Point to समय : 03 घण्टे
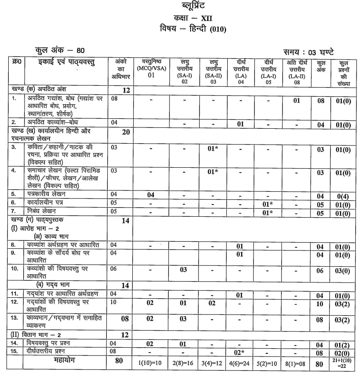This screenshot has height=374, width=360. point(311,52)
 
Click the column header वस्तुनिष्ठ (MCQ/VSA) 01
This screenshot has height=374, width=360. point(151,68)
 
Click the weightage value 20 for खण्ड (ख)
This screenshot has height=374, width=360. point(126,133)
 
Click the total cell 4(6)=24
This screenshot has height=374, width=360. point(240,363)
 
